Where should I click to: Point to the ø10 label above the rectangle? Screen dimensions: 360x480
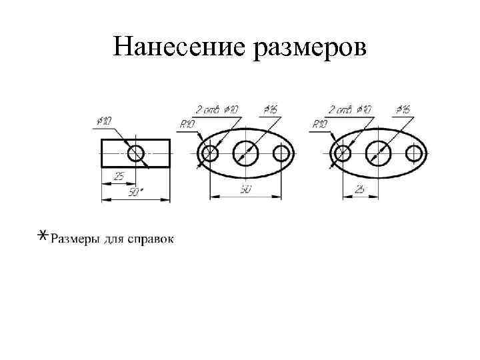click(x=104, y=121)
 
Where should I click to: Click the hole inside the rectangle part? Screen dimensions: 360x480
click(x=136, y=153)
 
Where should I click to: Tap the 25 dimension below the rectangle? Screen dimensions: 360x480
click(x=119, y=177)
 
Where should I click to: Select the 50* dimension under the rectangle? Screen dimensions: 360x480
click(x=135, y=193)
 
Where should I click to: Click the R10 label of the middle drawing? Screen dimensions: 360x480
click(x=187, y=124)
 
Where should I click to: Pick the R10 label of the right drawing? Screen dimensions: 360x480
click(x=320, y=124)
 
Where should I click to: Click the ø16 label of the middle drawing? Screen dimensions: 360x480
click(x=271, y=108)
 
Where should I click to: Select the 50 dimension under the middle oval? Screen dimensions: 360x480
click(x=245, y=191)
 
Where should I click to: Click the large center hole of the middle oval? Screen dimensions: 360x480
click(x=246, y=153)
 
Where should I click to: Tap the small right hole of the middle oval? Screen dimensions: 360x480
click(x=282, y=154)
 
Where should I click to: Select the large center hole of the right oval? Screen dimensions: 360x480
click(x=378, y=153)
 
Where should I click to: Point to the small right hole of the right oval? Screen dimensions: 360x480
click(x=414, y=154)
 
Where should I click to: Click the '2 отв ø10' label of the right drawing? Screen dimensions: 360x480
click(x=351, y=108)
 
